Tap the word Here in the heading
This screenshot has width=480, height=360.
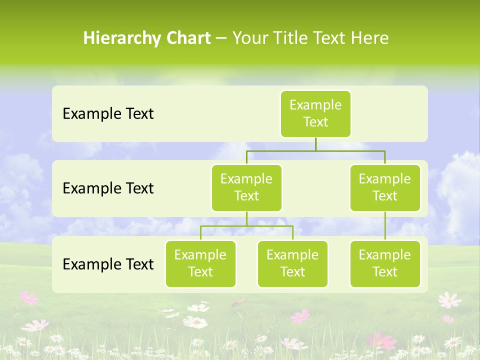(369, 38)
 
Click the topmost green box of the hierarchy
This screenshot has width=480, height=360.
(315, 113)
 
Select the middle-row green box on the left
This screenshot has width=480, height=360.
(246, 187)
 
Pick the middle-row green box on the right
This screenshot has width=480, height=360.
(385, 187)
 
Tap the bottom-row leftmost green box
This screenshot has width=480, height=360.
(200, 263)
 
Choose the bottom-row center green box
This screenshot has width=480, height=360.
(292, 263)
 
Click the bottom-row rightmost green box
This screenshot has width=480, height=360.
(385, 263)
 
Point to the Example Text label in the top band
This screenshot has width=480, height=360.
(108, 113)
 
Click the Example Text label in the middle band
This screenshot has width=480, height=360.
(108, 188)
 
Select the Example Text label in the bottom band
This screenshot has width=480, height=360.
(108, 264)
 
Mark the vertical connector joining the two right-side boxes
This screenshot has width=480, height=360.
(385, 226)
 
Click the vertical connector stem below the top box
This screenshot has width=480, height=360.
(315, 144)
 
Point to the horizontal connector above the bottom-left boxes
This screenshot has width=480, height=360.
(246, 226)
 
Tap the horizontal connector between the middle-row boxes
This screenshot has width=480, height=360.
(315, 150)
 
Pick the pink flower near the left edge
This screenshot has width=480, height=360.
(29, 297)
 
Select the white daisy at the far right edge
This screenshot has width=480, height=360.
(449, 299)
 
